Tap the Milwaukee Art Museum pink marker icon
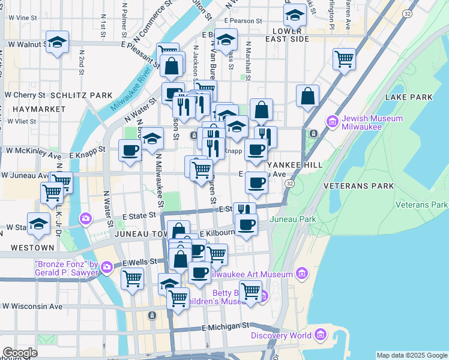pos(301,274)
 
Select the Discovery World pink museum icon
pos(321,334)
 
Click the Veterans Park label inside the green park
pos(421,205)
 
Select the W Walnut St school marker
pos(56,42)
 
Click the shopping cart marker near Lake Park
pos(345,59)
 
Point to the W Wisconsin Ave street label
pos(32,307)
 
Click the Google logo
pos(20,353)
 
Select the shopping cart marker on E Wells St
pos(132,278)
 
